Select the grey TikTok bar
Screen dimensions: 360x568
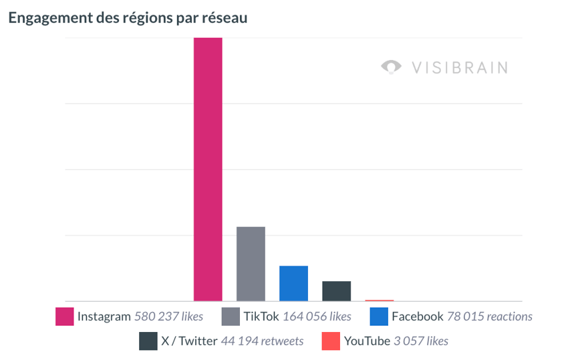251,264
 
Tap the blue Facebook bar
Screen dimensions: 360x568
293,283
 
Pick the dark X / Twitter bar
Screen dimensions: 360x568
336,291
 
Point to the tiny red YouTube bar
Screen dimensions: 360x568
379,301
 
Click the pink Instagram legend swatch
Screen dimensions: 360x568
64,316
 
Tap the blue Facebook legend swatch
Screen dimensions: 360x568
378,316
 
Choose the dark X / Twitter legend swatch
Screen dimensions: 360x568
148,341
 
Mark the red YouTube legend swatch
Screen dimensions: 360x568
331,341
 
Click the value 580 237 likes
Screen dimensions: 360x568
168,317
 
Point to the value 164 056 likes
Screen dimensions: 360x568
317,317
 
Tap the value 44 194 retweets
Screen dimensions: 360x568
262,341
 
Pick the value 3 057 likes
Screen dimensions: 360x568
421,341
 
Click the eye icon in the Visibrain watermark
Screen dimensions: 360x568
391,67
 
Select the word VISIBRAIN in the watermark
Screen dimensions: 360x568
460,67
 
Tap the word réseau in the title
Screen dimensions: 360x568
225,18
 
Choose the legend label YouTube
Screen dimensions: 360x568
367,341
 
